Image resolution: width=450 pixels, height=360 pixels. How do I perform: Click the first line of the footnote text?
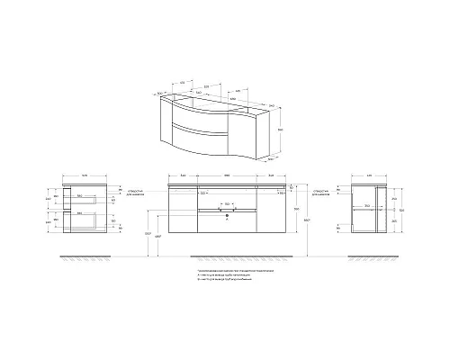pos(236,269)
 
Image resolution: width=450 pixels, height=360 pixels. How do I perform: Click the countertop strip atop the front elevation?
pos(225,184)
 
